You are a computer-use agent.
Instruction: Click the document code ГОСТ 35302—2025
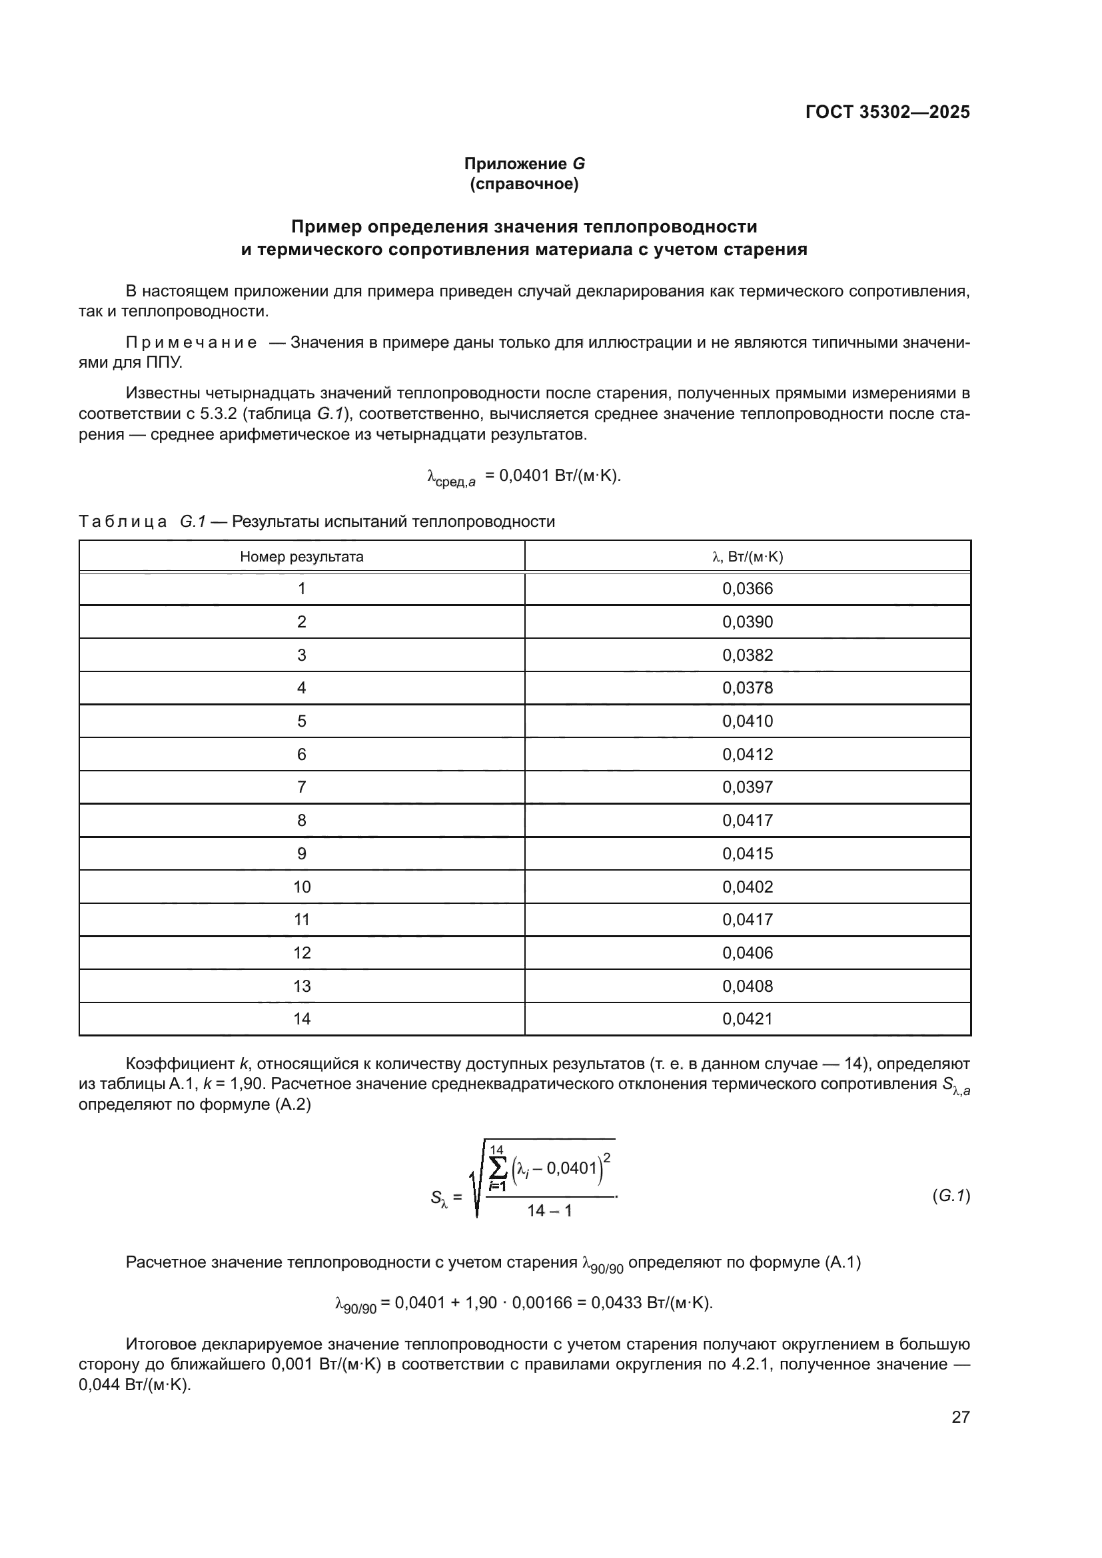pos(887,112)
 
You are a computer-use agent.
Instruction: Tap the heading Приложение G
pos(524,164)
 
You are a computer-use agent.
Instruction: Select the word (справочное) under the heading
pos(524,184)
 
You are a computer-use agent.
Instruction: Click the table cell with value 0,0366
pos(747,588)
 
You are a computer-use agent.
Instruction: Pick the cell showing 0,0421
pos(747,1018)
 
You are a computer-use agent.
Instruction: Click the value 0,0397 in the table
pos(747,787)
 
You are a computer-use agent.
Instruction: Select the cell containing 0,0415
pos(747,853)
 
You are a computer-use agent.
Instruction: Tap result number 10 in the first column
pos(302,887)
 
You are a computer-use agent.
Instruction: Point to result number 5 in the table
pos(302,721)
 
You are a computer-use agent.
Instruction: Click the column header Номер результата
pos(302,557)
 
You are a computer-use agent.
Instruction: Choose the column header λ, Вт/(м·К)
pos(747,557)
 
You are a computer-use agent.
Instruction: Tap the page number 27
pos(960,1417)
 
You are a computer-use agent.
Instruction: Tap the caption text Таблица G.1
pos(142,521)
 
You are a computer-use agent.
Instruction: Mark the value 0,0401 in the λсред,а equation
pos(524,475)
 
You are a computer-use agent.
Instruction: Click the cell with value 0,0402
pos(747,887)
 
